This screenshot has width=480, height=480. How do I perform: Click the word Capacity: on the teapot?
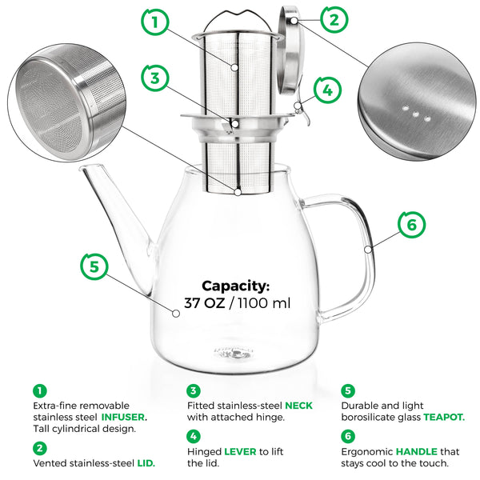[235, 286]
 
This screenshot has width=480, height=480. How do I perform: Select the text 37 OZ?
[206, 303]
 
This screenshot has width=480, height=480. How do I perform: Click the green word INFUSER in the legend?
[124, 417]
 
